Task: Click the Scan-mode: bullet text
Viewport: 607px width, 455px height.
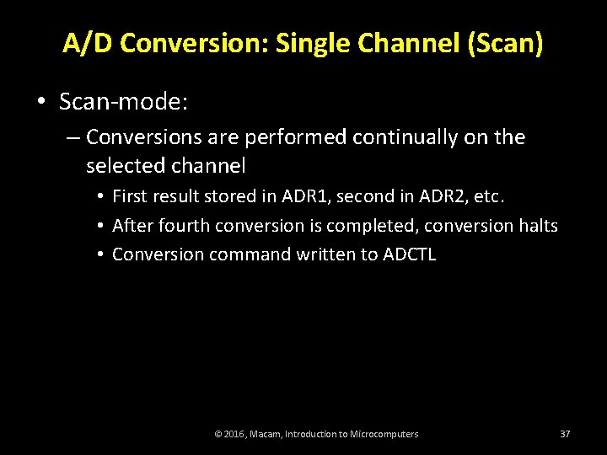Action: pos(123,102)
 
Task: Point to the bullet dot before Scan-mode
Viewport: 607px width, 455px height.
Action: pos(40,103)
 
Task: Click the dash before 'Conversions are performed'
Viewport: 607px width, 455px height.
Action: pos(73,137)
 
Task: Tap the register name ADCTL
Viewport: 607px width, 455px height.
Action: pos(410,254)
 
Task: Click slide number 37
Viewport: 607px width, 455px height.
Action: pos(565,434)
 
